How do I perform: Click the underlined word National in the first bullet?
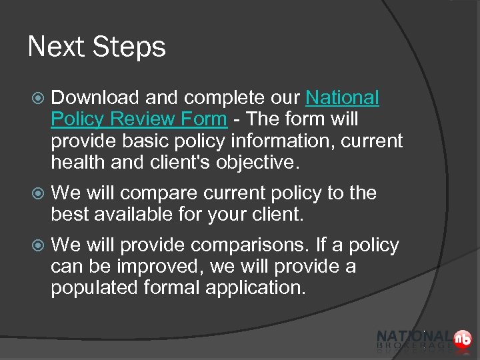coord(342,98)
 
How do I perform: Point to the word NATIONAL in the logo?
coord(413,337)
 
